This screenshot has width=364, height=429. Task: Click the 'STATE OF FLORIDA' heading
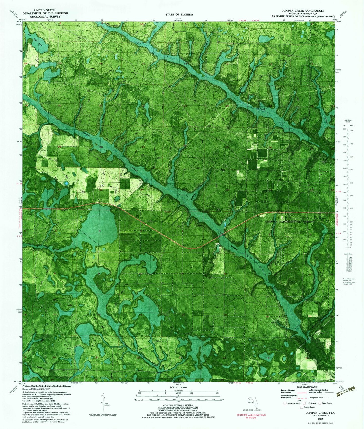click(179, 14)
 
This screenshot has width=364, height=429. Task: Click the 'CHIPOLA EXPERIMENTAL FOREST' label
click(290, 222)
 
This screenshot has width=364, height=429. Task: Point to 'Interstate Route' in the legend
click(292, 403)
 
